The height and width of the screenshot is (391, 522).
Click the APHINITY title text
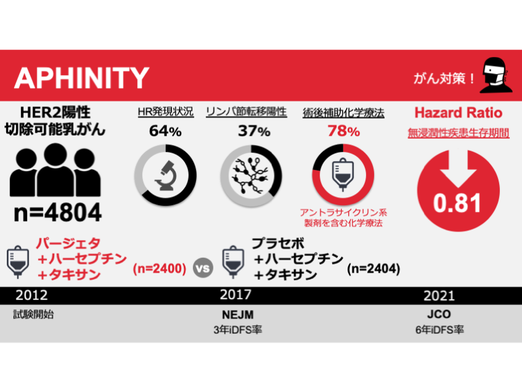[x=81, y=78]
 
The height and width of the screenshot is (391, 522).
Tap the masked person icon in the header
[x=496, y=76]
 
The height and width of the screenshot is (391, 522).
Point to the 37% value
[x=254, y=131]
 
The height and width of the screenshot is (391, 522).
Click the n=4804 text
[x=57, y=212]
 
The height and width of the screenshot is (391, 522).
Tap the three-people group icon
[x=56, y=172]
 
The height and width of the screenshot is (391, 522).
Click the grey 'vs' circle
[x=203, y=268]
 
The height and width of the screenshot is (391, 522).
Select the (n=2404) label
[x=373, y=268]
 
